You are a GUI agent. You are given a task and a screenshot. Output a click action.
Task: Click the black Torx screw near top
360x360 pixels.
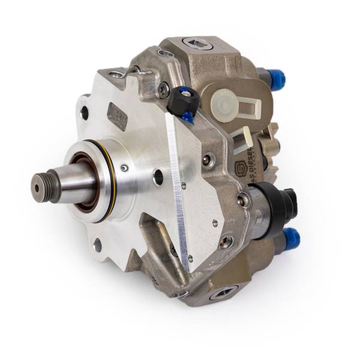pos(163,89)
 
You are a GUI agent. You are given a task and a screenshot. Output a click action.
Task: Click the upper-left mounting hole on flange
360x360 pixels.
pos(85,112)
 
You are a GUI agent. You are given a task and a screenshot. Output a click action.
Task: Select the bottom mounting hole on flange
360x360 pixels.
pos(97,245)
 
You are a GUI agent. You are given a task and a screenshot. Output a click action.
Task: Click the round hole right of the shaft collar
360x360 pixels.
pos(158,177)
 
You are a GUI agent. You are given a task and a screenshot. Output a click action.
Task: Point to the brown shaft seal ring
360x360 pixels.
pos(82,181)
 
